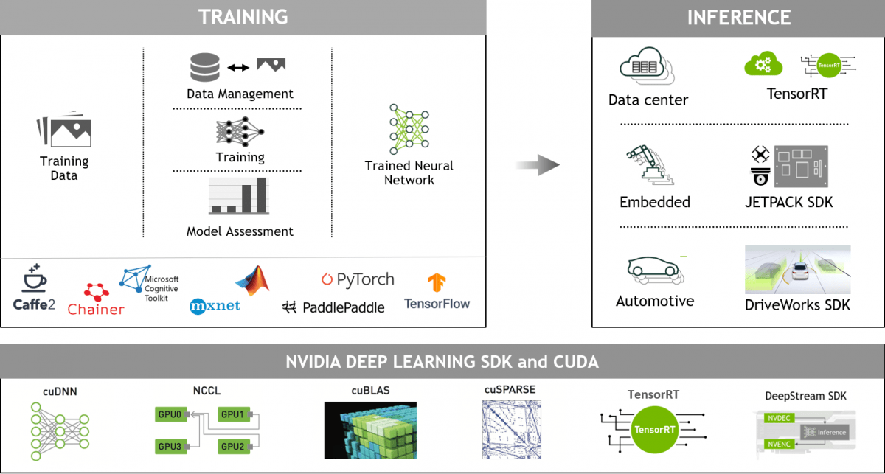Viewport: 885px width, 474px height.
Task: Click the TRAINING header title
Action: click(243, 16)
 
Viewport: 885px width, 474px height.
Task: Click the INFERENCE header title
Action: click(738, 17)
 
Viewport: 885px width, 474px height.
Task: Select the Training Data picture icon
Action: click(63, 131)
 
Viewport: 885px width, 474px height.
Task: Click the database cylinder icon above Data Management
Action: click(205, 67)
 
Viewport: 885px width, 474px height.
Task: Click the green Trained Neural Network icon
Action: click(409, 129)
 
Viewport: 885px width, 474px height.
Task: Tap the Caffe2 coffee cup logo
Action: click(34, 279)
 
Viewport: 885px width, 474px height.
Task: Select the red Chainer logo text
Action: click(96, 309)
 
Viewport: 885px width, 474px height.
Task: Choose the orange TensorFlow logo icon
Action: click(437, 282)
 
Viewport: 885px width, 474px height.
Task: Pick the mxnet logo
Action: click(215, 305)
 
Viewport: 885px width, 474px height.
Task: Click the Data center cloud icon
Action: click(647, 67)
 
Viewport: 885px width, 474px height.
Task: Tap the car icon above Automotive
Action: click(653, 271)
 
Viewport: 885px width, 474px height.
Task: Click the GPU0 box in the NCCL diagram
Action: click(169, 415)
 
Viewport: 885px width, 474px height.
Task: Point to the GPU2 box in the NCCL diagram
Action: click(232, 446)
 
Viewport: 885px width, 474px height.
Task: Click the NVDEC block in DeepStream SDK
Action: click(778, 417)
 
